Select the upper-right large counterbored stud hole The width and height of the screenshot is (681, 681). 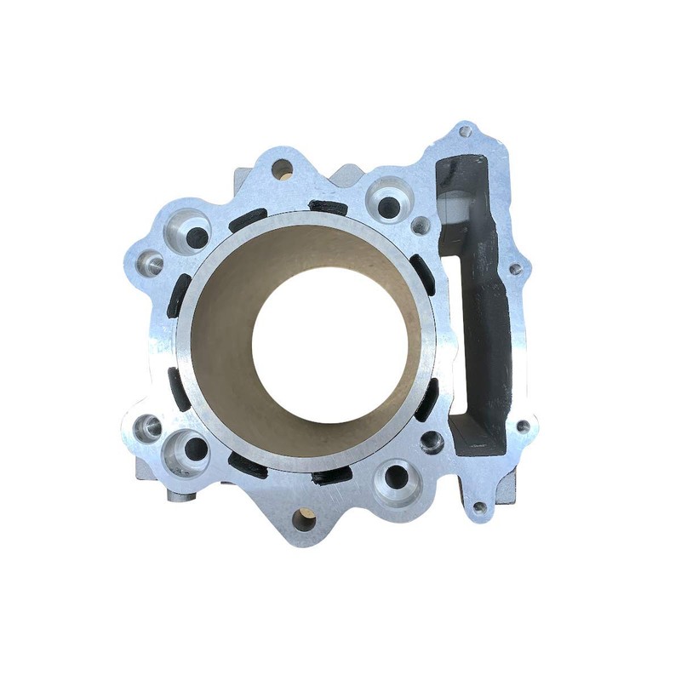pyautogui.click(x=389, y=204)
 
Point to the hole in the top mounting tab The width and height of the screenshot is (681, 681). pyautogui.click(x=282, y=169)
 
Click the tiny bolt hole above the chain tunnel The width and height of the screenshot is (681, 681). pyautogui.click(x=465, y=132)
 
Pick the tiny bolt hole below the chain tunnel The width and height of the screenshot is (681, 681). pyautogui.click(x=479, y=508)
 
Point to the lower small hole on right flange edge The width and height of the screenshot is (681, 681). pyautogui.click(x=522, y=426)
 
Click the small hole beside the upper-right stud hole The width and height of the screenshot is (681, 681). pyautogui.click(x=421, y=226)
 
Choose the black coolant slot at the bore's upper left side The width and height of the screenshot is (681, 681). pyautogui.click(x=247, y=219)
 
